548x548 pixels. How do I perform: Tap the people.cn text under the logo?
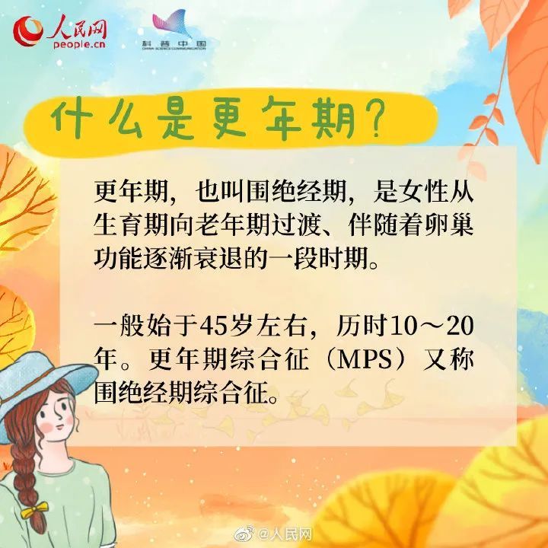point(79,43)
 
